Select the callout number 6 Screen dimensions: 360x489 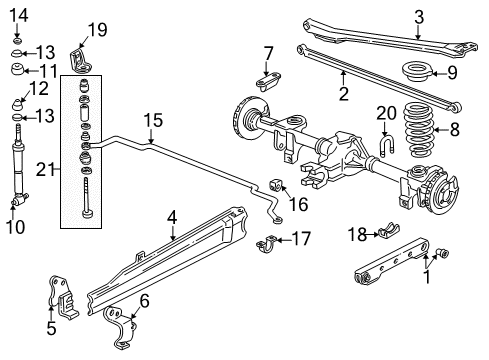145,299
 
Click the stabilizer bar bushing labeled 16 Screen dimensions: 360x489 279,185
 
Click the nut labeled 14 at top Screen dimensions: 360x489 19,38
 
